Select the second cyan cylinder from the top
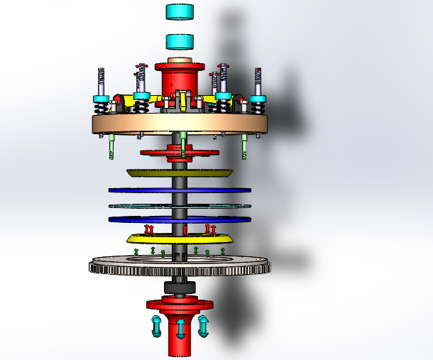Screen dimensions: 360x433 tap(180, 41)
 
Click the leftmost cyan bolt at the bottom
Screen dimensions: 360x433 tap(156, 327)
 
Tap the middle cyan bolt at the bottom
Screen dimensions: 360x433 tap(180, 329)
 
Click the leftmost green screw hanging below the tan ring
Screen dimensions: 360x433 tap(113, 147)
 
